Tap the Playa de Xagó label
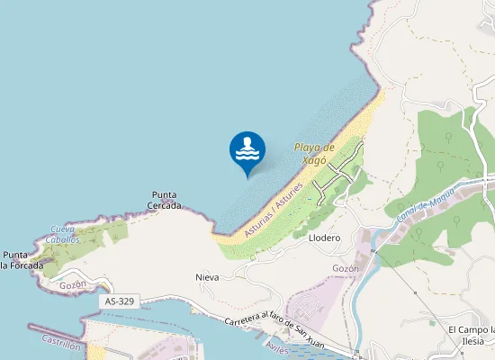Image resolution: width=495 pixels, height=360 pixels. [x=314, y=153]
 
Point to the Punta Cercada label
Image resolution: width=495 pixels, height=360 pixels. [x=165, y=200]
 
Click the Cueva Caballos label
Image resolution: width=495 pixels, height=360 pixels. [x=65, y=234]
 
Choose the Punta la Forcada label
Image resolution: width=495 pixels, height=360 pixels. [x=20, y=260]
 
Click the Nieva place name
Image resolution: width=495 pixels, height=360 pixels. [x=207, y=277]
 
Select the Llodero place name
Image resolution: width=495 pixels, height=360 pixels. [x=324, y=238]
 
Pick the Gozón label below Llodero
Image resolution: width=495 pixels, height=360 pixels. [x=346, y=268]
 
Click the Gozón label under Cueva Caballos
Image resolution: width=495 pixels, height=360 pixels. [x=72, y=284]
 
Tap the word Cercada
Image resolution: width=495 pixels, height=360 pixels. [x=165, y=205]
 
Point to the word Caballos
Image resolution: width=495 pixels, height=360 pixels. [x=65, y=239]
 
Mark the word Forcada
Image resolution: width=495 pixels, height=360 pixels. [x=25, y=265]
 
